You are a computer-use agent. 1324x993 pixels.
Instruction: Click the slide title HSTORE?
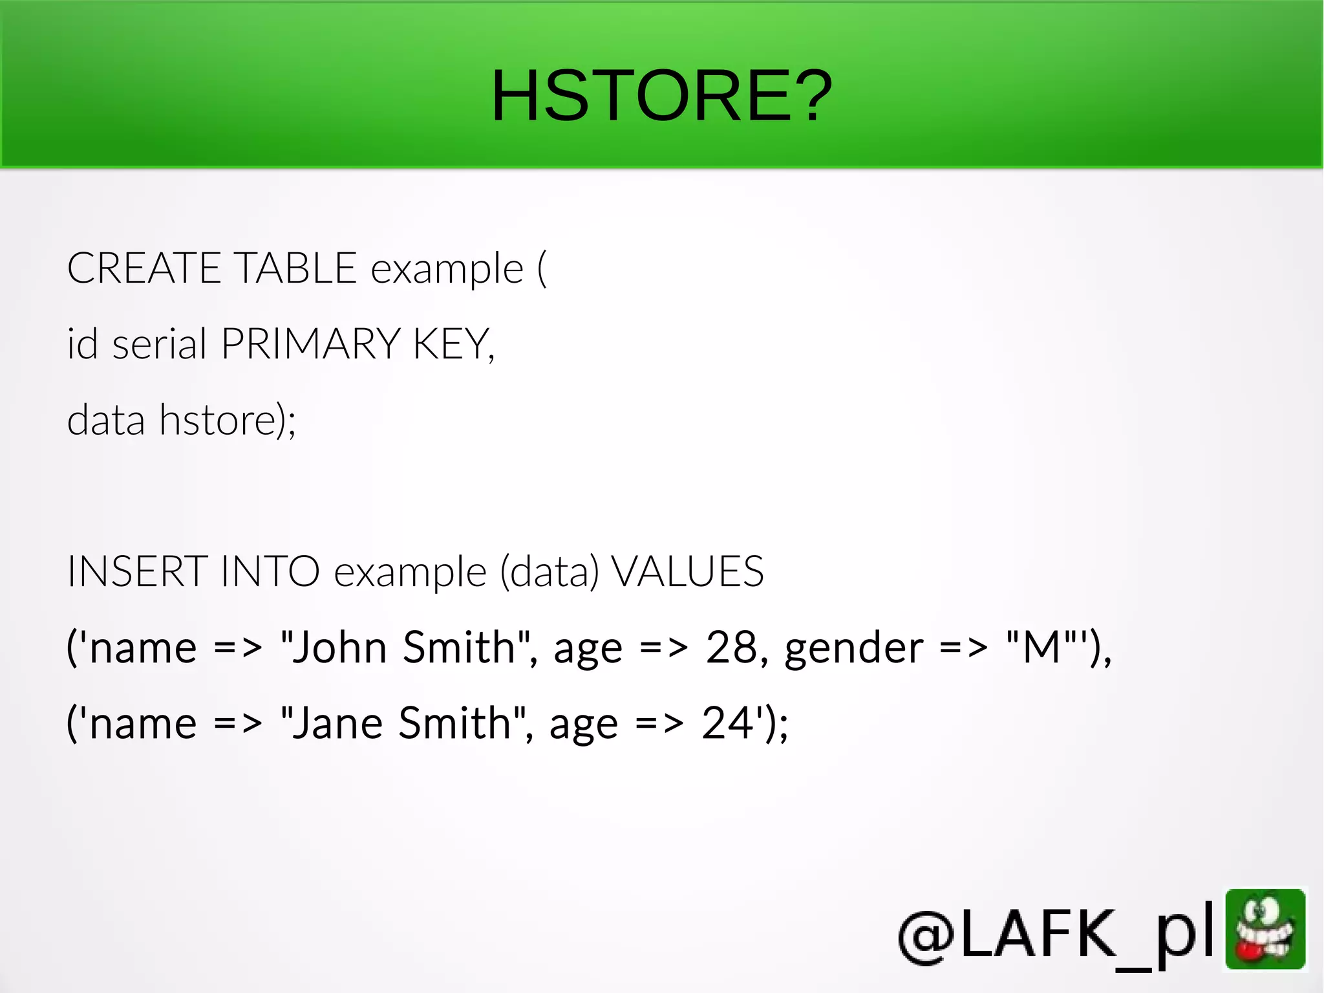[x=661, y=96]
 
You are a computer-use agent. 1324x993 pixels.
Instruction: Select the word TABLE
[x=295, y=268]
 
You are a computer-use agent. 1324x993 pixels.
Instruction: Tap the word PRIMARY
[x=311, y=344]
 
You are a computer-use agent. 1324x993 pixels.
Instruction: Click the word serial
[x=159, y=344]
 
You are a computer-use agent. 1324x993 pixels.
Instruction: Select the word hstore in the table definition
[x=218, y=420]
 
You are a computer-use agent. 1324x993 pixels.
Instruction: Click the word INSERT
[x=137, y=572]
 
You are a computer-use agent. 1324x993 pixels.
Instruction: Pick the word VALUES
[x=687, y=572]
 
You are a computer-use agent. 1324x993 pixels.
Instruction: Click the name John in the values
[x=339, y=647]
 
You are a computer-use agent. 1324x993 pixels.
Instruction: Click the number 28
[x=731, y=647]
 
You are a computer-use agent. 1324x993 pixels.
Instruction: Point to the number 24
[x=727, y=723]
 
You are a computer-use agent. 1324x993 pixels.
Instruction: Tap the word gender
[x=854, y=648]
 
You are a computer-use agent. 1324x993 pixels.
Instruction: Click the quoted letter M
[x=1042, y=647]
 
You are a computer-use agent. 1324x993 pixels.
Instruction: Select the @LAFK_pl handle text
[x=1056, y=933]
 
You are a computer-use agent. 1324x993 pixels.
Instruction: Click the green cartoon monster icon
[x=1265, y=930]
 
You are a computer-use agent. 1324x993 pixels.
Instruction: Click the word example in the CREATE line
[x=447, y=269]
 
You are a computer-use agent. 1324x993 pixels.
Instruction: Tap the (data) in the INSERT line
[x=550, y=572]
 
